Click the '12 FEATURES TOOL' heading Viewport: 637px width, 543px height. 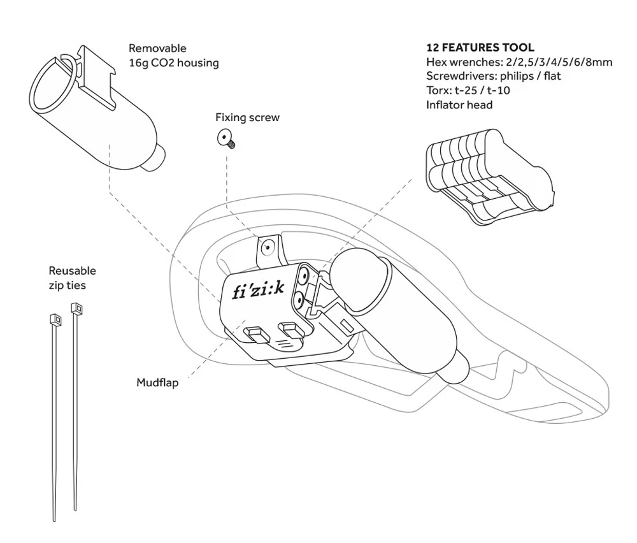point(480,48)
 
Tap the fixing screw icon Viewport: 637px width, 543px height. point(225,138)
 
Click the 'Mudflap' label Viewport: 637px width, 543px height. point(157,382)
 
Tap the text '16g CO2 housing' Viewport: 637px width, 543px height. point(173,62)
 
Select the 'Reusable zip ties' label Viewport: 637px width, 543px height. point(67,279)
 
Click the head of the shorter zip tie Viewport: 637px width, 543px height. point(78,310)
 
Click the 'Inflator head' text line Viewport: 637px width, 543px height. point(459,105)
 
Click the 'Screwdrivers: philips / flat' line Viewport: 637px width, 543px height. point(493,76)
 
